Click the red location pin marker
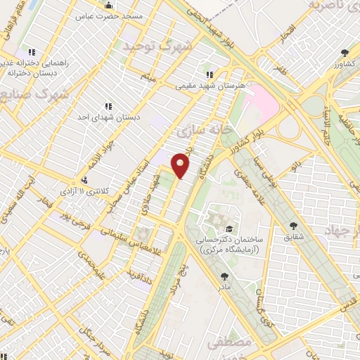(x=181, y=165)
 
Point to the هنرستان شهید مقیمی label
(x=208, y=86)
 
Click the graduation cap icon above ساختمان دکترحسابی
(x=229, y=229)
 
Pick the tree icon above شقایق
(x=293, y=226)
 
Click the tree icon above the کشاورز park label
(x=344, y=52)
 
